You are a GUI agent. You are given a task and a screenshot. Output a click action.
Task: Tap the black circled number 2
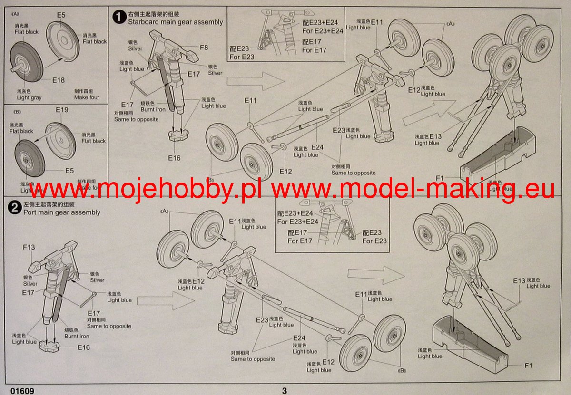click(x=14, y=207)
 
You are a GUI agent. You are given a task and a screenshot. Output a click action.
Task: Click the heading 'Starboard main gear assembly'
click(x=175, y=22)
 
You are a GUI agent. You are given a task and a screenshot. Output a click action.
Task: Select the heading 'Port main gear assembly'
click(x=62, y=212)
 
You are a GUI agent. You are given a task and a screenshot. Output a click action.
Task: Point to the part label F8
click(x=204, y=48)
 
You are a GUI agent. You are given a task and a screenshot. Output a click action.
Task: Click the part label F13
click(x=29, y=248)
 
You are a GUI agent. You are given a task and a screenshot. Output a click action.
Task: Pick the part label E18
click(x=59, y=80)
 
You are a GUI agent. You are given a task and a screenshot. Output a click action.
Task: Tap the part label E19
click(x=62, y=110)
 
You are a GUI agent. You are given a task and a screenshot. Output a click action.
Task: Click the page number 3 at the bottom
click(x=285, y=391)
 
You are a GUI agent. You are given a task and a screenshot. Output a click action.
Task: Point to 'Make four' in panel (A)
click(x=87, y=97)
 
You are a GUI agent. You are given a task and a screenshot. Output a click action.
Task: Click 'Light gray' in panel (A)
click(x=29, y=97)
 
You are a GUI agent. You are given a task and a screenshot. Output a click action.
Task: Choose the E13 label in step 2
click(x=519, y=281)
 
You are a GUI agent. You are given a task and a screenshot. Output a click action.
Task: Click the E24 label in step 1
click(x=317, y=147)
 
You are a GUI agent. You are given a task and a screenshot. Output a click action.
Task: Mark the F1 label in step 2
click(x=528, y=365)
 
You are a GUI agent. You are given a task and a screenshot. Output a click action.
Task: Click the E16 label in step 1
click(x=175, y=158)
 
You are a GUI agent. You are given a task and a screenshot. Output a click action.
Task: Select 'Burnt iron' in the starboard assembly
click(x=153, y=109)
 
